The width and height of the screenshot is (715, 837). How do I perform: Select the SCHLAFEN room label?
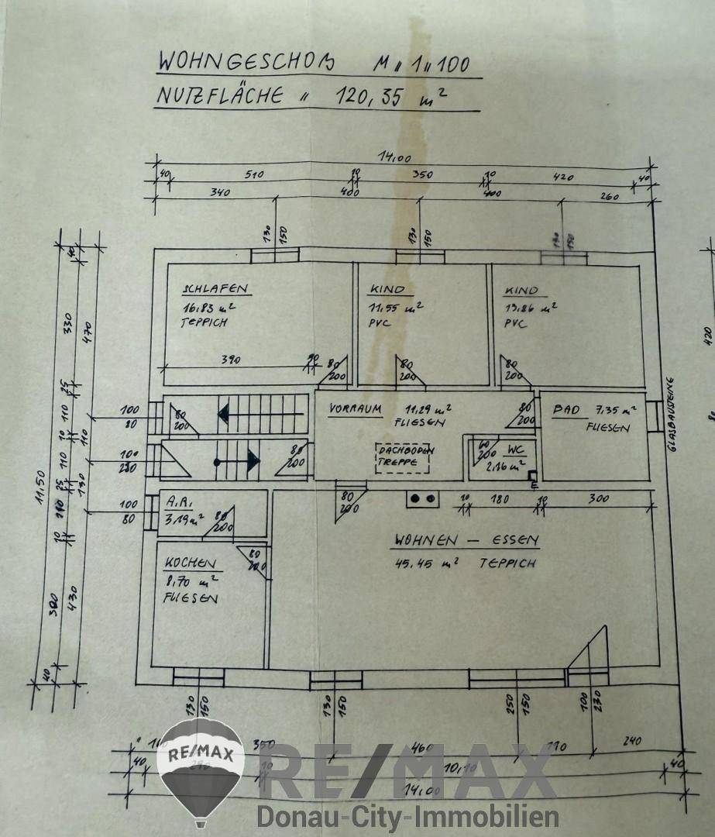click(x=215, y=289)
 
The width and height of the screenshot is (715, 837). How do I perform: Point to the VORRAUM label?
click(x=357, y=408)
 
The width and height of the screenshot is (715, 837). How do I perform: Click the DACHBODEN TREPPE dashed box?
click(x=404, y=456)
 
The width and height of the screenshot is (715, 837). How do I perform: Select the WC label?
click(x=517, y=450)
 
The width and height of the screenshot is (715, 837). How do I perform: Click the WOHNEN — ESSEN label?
click(x=466, y=540)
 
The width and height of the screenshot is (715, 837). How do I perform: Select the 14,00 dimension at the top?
click(x=396, y=158)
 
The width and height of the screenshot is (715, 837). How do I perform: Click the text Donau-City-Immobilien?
click(x=408, y=816)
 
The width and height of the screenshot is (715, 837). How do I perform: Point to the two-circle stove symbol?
click(x=422, y=499)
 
